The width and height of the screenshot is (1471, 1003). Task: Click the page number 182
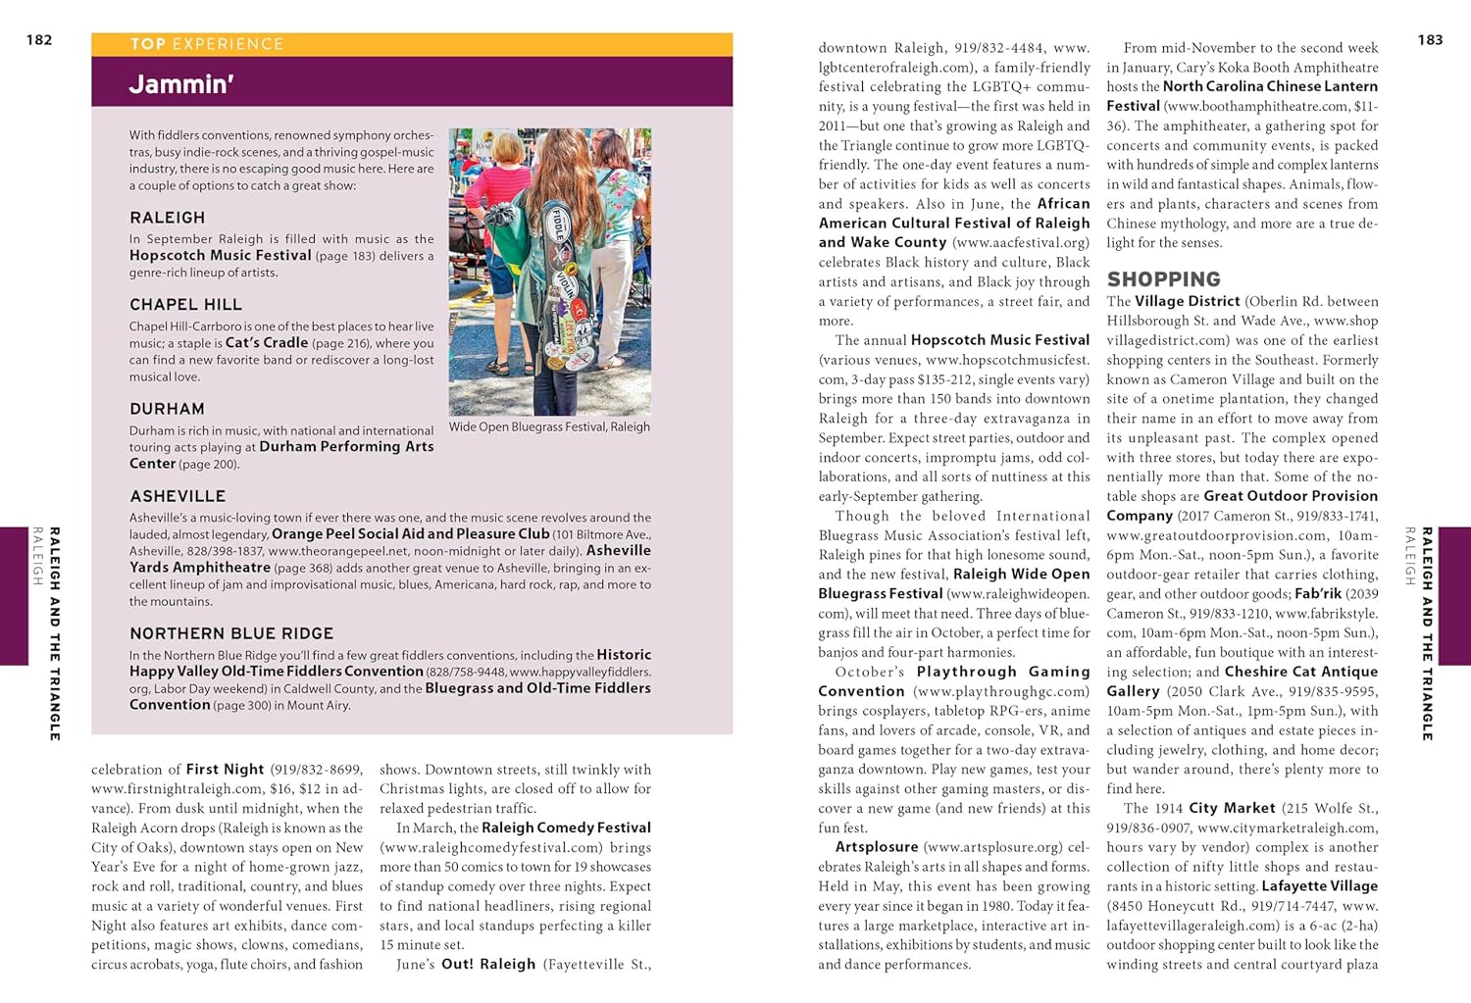click(x=39, y=40)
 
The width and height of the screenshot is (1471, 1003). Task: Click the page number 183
click(x=1430, y=40)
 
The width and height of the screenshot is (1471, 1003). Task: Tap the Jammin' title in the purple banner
click(x=181, y=84)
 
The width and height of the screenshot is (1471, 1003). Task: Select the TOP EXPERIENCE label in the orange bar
click(x=207, y=44)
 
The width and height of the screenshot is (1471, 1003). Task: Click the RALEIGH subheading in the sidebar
click(x=168, y=218)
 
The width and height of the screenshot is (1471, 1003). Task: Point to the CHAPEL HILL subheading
click(x=185, y=305)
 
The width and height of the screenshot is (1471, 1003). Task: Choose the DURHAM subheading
click(x=167, y=409)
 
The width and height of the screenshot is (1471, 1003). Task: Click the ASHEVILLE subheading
click(x=178, y=496)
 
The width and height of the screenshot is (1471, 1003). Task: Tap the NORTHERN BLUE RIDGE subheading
click(x=231, y=633)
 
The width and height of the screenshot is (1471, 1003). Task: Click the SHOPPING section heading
click(x=1163, y=279)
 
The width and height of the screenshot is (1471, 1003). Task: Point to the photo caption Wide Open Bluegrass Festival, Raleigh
click(x=549, y=426)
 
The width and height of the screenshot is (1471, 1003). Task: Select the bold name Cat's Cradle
click(x=267, y=343)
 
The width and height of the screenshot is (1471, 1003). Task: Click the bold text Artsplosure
click(x=877, y=847)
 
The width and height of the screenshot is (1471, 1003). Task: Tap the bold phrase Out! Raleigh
click(x=488, y=965)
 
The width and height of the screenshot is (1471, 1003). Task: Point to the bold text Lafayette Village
click(x=1319, y=886)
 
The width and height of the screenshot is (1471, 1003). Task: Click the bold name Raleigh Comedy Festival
click(x=566, y=828)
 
